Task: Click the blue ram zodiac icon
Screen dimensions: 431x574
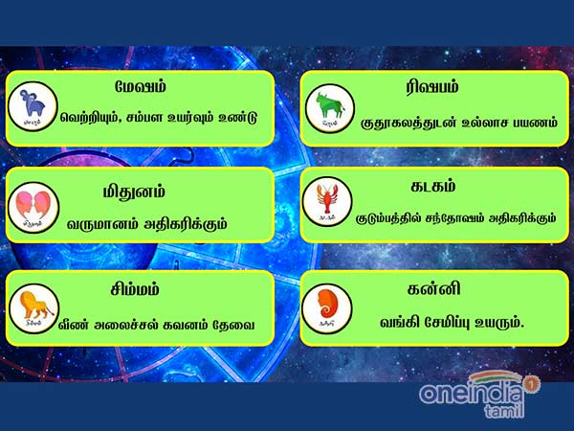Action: tap(34, 104)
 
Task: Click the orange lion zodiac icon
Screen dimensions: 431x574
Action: tap(34, 307)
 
